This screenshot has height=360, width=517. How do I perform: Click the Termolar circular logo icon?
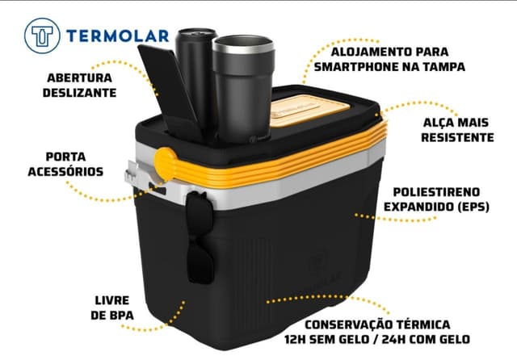pos(42,36)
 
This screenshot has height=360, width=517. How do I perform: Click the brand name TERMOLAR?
pos(118,36)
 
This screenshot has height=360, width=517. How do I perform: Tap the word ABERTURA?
pos(80,77)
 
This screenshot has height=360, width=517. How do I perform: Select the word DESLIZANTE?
pos(79,93)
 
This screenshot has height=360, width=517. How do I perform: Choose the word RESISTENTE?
pos(457,137)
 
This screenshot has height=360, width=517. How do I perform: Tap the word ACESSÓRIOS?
pos(65,171)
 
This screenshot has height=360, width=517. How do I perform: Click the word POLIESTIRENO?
pos(436,191)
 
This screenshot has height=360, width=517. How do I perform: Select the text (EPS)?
pos(473,207)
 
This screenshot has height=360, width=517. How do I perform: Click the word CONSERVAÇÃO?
pos(350,324)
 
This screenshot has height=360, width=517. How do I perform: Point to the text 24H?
pos(395,339)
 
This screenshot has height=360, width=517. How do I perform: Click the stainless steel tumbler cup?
pos(243,89)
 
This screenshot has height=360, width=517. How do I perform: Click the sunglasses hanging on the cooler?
pos(200,237)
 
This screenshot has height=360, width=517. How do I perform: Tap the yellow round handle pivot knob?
pos(166,164)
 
